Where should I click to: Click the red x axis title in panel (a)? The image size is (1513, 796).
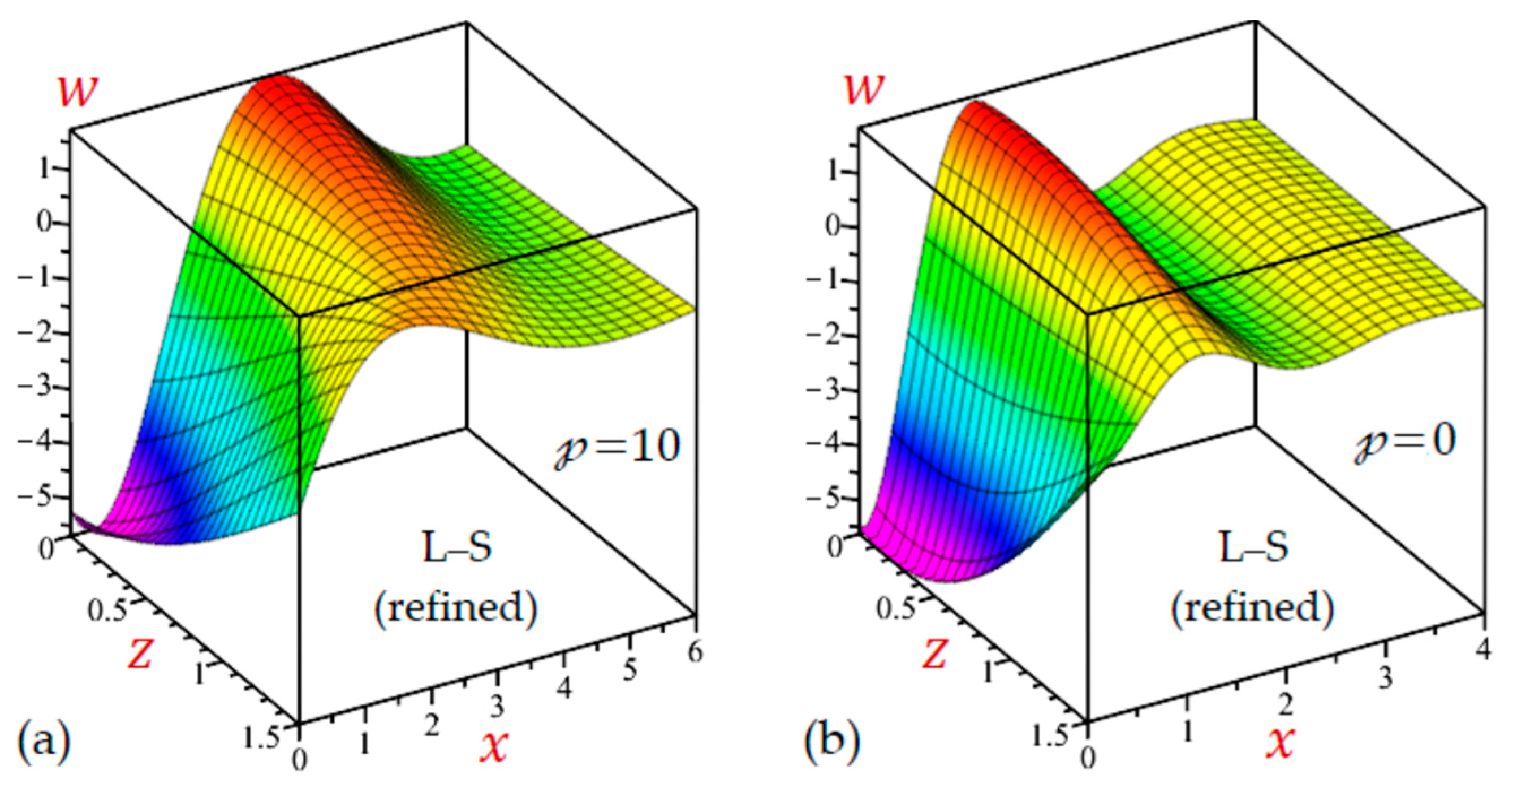pos(493,745)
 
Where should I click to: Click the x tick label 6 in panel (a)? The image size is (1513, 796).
pos(695,652)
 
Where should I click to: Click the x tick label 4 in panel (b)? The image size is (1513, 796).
pos(1482,649)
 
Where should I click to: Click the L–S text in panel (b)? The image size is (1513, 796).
pos(1253,547)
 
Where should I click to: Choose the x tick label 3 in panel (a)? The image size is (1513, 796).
pos(498,707)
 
